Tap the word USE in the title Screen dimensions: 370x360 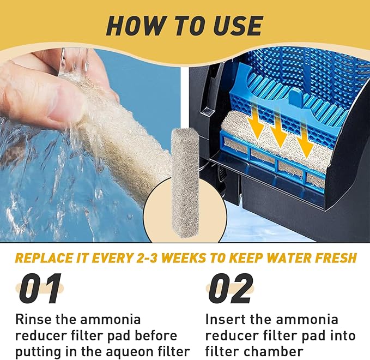pyautogui.click(x=238, y=26)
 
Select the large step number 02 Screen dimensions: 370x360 pyautogui.click(x=229, y=289)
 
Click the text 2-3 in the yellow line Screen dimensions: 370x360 pyautogui.click(x=147, y=258)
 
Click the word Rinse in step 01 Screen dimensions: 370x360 pyautogui.click(x=33, y=320)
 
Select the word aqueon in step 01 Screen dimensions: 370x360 pyautogui.click(x=129, y=352)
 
